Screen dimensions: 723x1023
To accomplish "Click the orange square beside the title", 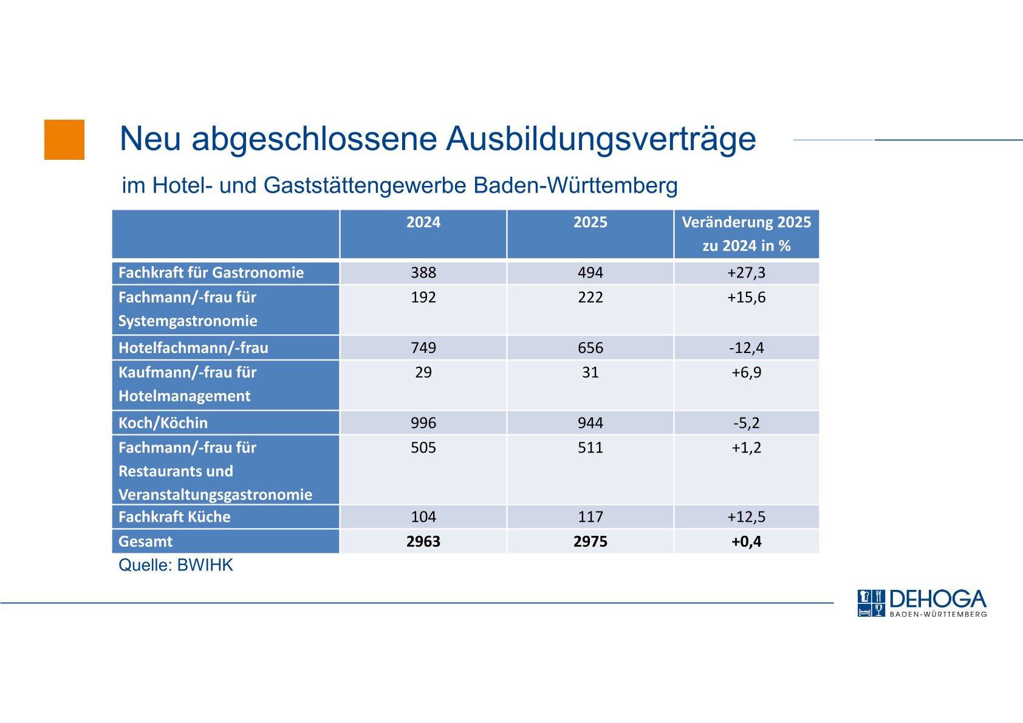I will click(x=64, y=140).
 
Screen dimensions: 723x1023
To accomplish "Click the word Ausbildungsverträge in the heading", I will click(x=601, y=139).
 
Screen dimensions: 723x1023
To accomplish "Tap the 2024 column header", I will click(x=423, y=222).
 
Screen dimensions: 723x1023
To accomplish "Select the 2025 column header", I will click(x=590, y=222).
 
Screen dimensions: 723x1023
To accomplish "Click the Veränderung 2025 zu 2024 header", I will click(x=746, y=234).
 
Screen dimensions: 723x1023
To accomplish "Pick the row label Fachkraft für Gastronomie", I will click(x=211, y=273).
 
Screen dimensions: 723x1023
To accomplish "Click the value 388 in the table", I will click(x=423, y=273).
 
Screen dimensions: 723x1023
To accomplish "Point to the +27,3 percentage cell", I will click(x=746, y=273).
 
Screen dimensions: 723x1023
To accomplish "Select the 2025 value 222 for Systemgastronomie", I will click(x=590, y=298).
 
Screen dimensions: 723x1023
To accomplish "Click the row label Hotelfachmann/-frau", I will click(x=193, y=348).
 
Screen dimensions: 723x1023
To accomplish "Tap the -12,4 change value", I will click(x=746, y=348).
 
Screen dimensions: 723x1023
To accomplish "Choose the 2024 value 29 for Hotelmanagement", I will click(x=423, y=372).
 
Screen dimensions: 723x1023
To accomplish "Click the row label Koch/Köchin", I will click(x=163, y=423).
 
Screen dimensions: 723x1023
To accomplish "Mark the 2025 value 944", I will click(x=590, y=423).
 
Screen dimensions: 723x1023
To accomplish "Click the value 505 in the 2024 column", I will click(x=423, y=448).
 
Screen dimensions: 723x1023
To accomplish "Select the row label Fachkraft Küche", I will click(x=174, y=517).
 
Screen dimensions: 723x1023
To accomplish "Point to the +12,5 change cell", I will click(x=746, y=517).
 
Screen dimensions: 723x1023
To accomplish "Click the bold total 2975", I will click(x=590, y=541).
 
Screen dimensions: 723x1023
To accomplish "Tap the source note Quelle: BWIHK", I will click(x=176, y=565).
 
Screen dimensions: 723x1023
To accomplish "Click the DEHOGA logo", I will click(x=922, y=603).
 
